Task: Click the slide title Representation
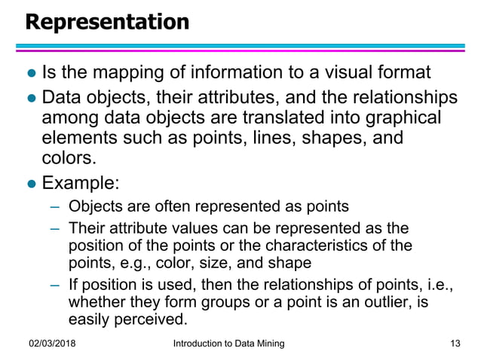click(107, 23)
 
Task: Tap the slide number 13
click(454, 343)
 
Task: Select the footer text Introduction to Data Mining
click(228, 343)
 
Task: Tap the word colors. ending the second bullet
click(69, 157)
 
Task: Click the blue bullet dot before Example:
click(30, 184)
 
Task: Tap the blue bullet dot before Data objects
click(30, 99)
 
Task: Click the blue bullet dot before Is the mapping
click(30, 74)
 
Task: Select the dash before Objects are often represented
click(54, 206)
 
